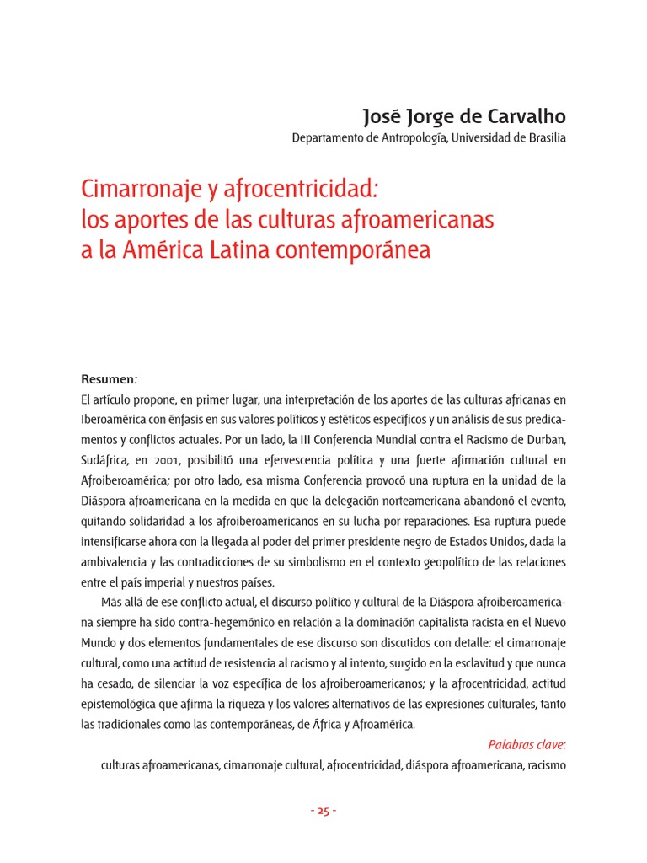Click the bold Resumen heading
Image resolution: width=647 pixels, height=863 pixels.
(x=108, y=379)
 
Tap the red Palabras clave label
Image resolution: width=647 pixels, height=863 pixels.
(x=527, y=744)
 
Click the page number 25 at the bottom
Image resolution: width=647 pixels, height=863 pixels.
(x=323, y=811)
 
